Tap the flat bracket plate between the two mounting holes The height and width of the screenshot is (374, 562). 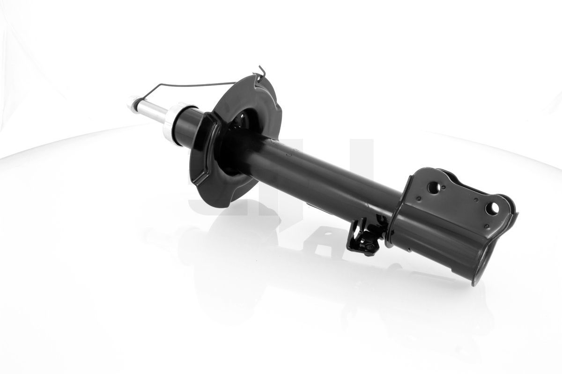pyautogui.click(x=464, y=201)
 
